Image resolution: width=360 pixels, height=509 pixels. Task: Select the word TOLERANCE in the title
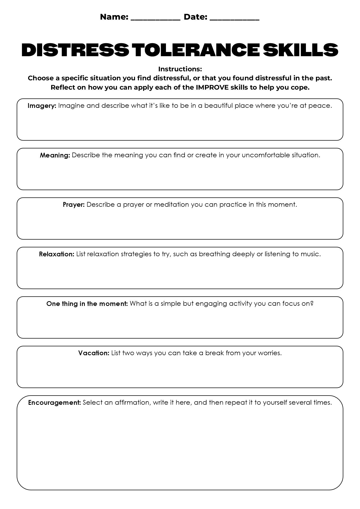tap(195, 50)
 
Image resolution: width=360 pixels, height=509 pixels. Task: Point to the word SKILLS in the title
tap(301, 50)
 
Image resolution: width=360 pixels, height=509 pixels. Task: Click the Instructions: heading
tap(180, 69)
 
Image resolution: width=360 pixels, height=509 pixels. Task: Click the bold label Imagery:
tap(42, 106)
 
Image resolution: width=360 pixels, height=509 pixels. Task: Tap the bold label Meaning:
tap(55, 155)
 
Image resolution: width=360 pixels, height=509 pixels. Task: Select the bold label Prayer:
tap(74, 205)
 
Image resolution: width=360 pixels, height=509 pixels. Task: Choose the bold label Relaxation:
tap(56, 254)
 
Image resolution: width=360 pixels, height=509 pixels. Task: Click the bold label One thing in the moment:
tap(87, 304)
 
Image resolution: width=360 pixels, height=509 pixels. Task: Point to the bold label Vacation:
tap(94, 353)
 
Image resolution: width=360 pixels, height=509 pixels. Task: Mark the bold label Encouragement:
tap(54, 403)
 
